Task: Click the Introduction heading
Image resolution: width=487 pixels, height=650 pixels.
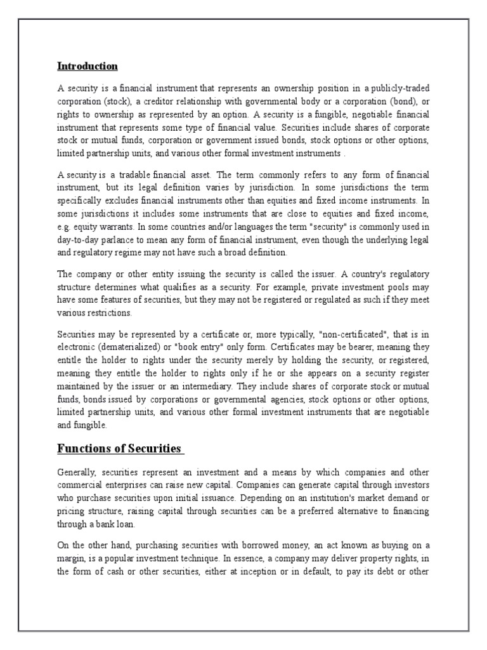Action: (88, 66)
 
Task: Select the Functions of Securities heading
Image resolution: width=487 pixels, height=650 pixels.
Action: (120, 449)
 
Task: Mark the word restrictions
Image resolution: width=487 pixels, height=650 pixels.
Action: (108, 312)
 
